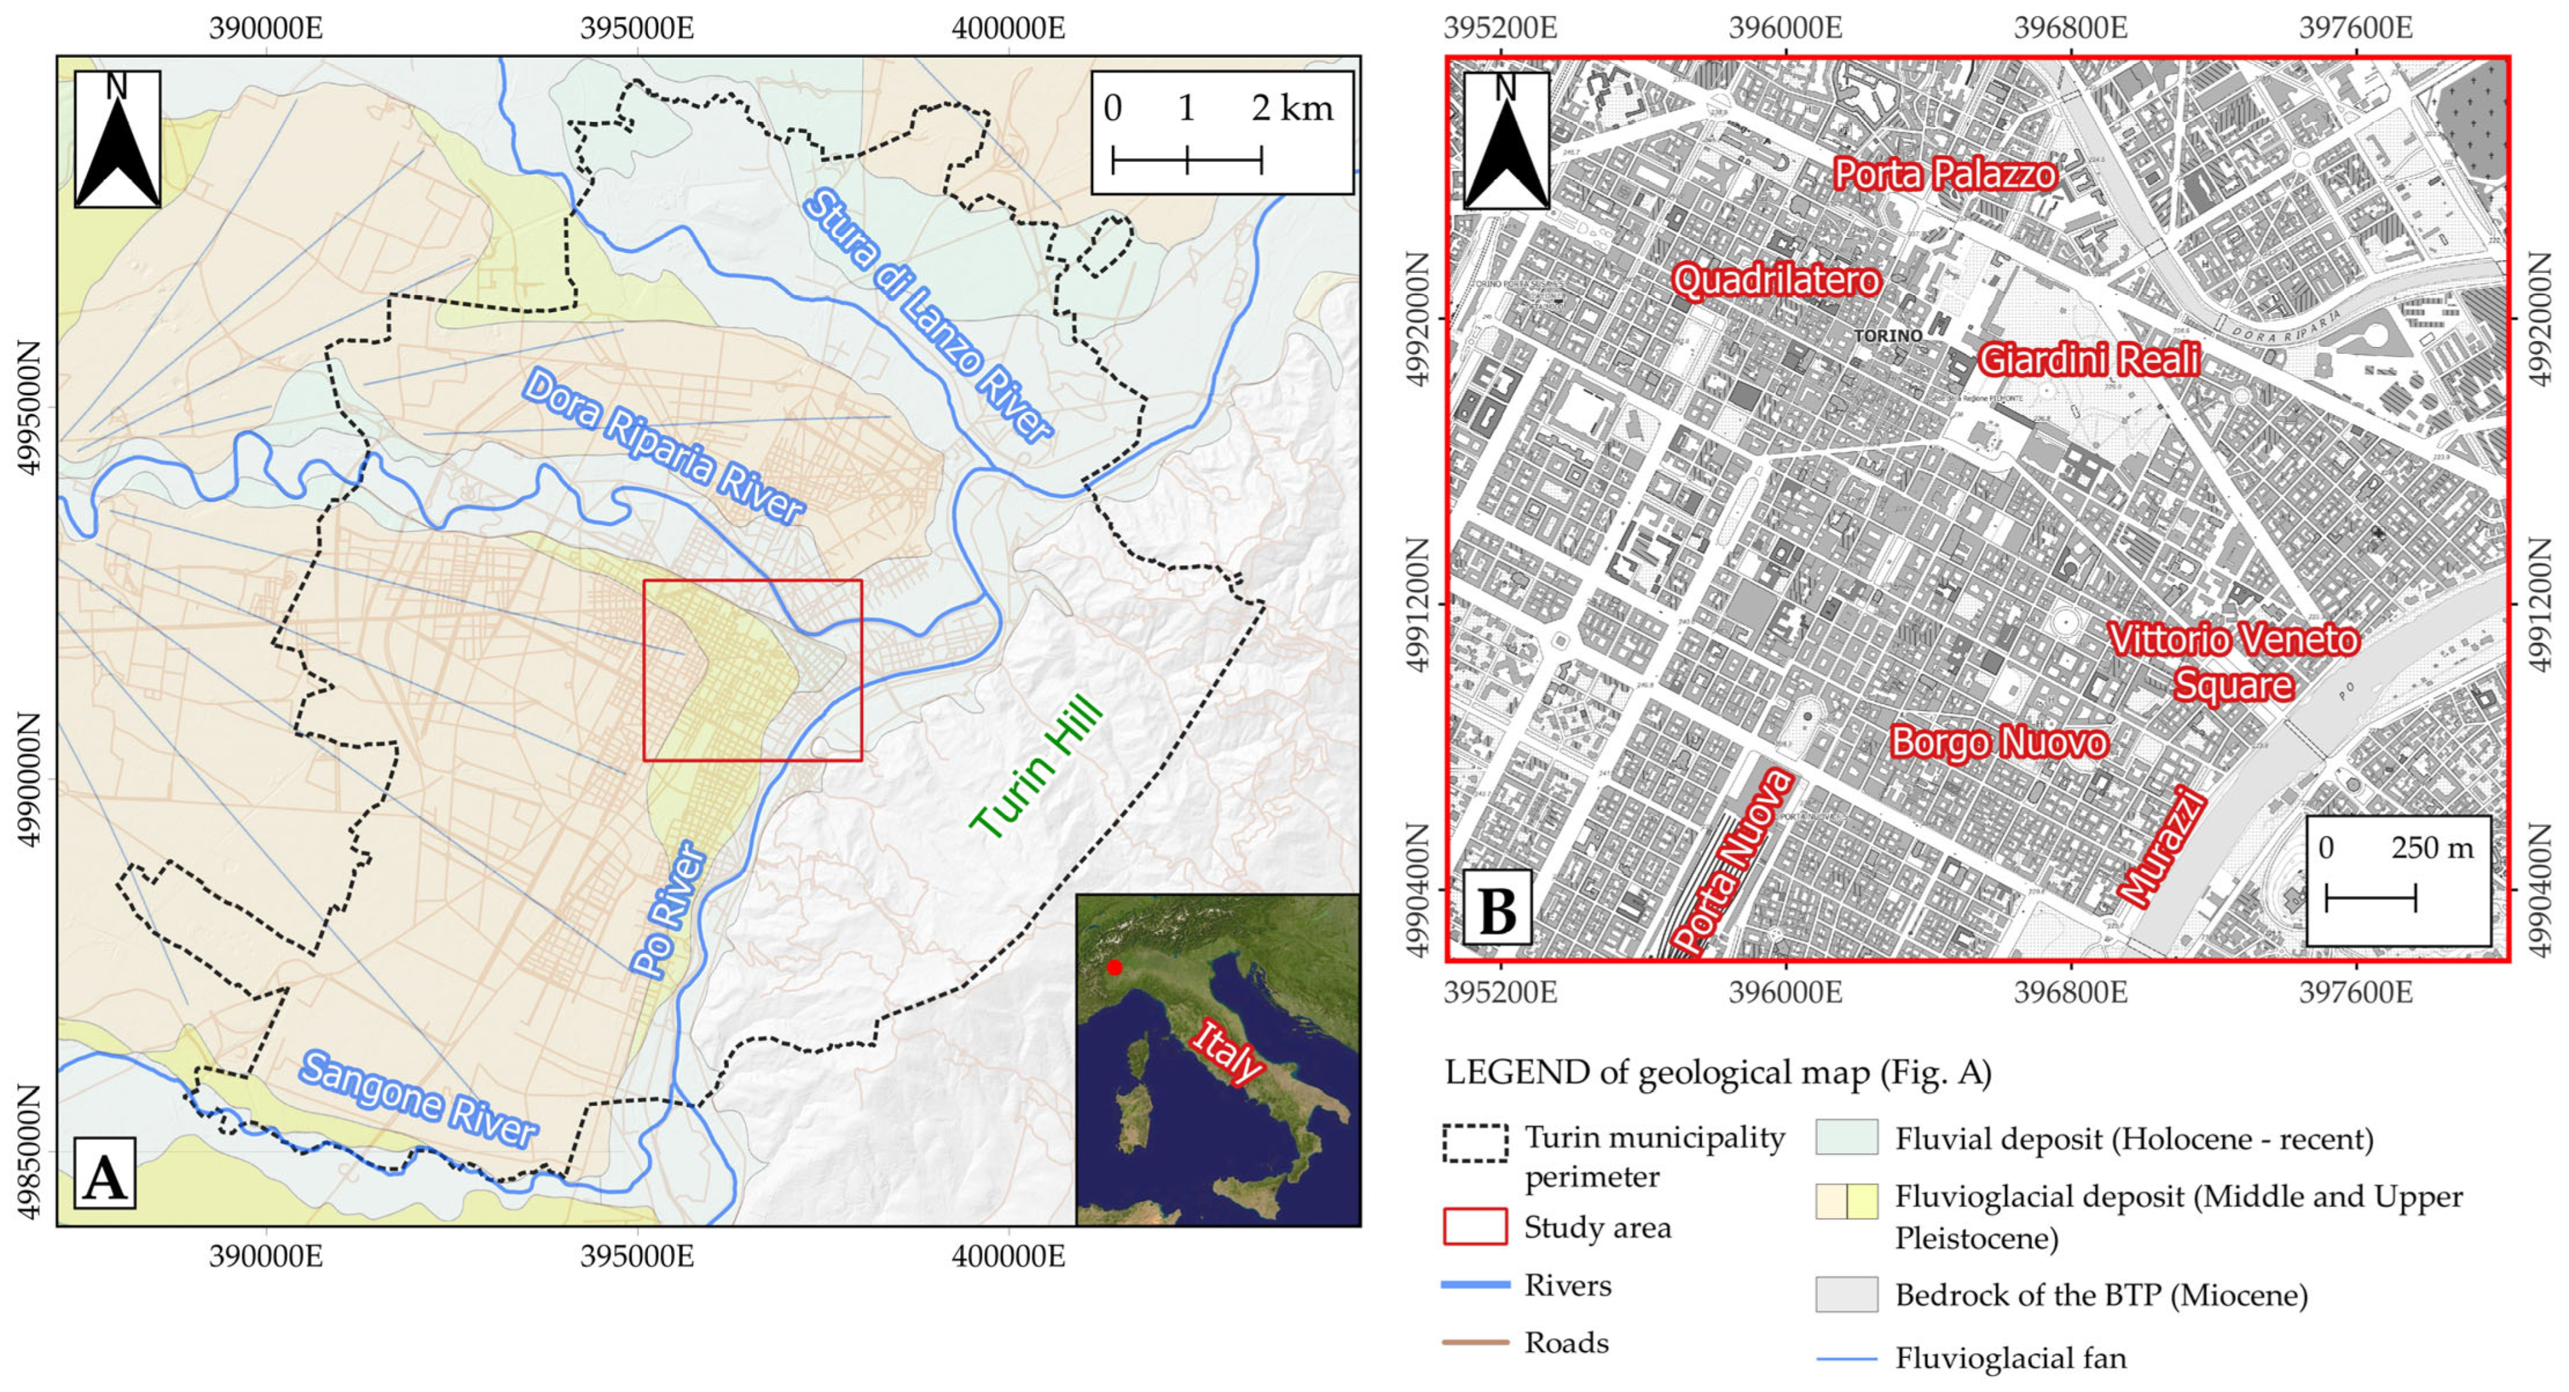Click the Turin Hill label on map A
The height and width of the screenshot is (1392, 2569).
click(1037, 768)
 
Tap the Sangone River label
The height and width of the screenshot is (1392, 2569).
click(419, 1100)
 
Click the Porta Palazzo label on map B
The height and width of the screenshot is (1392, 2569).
click(1945, 175)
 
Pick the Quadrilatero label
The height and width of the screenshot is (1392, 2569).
click(1776, 280)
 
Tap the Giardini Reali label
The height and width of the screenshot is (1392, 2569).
click(2089, 360)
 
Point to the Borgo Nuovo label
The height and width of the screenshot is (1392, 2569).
click(1999, 742)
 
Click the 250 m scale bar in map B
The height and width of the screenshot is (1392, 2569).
click(2371, 897)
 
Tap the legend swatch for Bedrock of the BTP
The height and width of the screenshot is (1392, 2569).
click(1846, 1294)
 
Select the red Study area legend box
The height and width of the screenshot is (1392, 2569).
click(1475, 1226)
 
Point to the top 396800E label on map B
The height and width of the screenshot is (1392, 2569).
click(2071, 27)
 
